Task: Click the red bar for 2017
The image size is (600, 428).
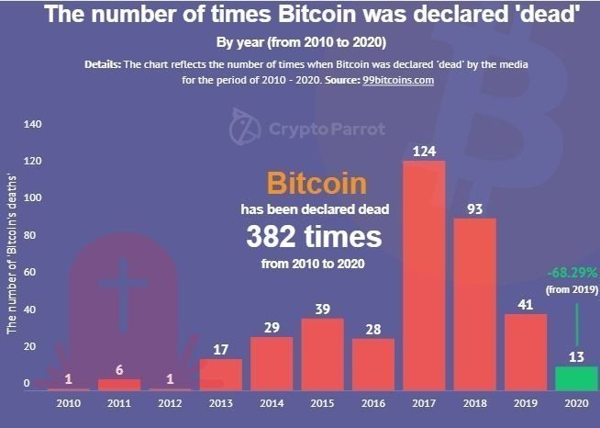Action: (424, 276)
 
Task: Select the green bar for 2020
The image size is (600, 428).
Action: (576, 378)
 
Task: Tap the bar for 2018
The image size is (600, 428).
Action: (474, 304)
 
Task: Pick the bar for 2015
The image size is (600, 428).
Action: (323, 354)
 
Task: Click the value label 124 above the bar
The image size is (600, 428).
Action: (424, 151)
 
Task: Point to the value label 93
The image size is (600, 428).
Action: (475, 208)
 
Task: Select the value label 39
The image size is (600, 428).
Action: (323, 309)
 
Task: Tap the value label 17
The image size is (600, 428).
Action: (221, 349)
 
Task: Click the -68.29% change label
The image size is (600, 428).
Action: (572, 273)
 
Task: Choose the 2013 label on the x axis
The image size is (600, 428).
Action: (221, 402)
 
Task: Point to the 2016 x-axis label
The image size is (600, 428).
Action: (373, 402)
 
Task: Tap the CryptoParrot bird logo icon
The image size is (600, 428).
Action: (244, 127)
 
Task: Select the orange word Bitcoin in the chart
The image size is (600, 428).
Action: (315, 182)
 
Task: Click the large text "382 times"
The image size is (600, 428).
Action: (314, 237)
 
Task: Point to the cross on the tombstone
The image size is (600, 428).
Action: (123, 285)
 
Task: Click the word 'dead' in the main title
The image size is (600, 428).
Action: (544, 16)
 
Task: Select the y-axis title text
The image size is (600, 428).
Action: (11, 252)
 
